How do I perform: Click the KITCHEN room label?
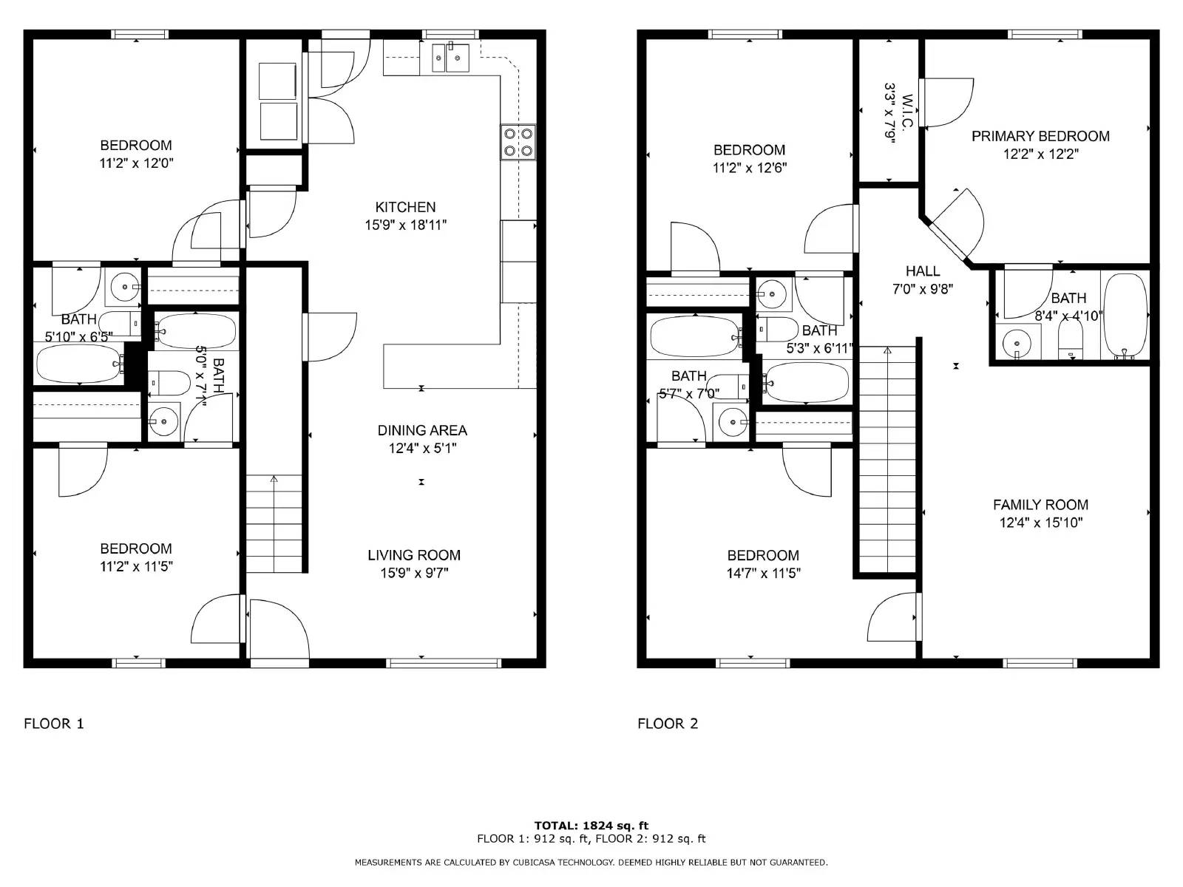(x=405, y=207)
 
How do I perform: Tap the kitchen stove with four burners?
(x=518, y=143)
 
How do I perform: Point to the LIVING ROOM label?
(x=414, y=554)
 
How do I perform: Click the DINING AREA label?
(x=422, y=430)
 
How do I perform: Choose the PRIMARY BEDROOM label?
(x=1040, y=136)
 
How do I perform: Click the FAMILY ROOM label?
(x=1040, y=505)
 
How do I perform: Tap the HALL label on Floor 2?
(x=923, y=271)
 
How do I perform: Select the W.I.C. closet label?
(x=906, y=112)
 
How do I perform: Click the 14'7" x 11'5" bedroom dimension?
(x=763, y=573)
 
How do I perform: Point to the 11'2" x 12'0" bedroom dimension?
(x=136, y=163)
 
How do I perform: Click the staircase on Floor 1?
(x=274, y=523)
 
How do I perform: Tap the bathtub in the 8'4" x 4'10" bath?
(x=1125, y=316)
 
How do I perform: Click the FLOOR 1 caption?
(x=54, y=724)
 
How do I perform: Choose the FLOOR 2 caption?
(x=668, y=724)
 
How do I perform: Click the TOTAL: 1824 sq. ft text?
(x=591, y=825)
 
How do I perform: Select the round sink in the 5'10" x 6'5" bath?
(x=125, y=287)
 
